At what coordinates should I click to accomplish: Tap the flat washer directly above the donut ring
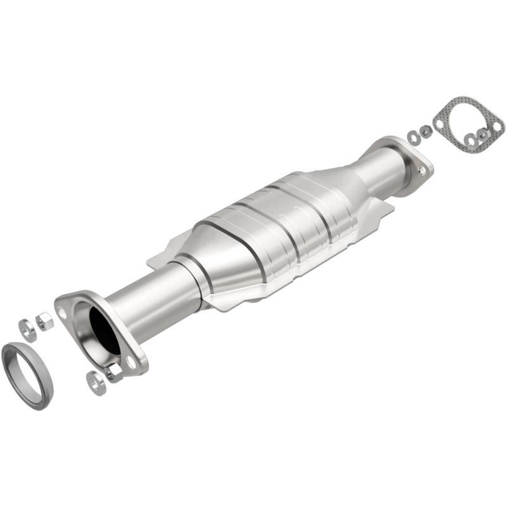click(27, 327)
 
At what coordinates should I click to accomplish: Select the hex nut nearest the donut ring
click(44, 321)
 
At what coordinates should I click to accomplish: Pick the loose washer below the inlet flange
click(96, 382)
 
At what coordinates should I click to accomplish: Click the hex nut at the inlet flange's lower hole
click(115, 373)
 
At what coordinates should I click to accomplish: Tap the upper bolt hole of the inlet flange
click(62, 312)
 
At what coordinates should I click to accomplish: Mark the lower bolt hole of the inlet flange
click(131, 362)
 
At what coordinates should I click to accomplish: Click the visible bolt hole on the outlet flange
click(420, 170)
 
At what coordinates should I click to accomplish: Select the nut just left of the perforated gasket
click(425, 131)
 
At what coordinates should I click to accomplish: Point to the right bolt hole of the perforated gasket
click(497, 126)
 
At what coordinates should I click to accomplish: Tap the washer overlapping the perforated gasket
click(471, 139)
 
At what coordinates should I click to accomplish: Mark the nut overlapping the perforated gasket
click(484, 134)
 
